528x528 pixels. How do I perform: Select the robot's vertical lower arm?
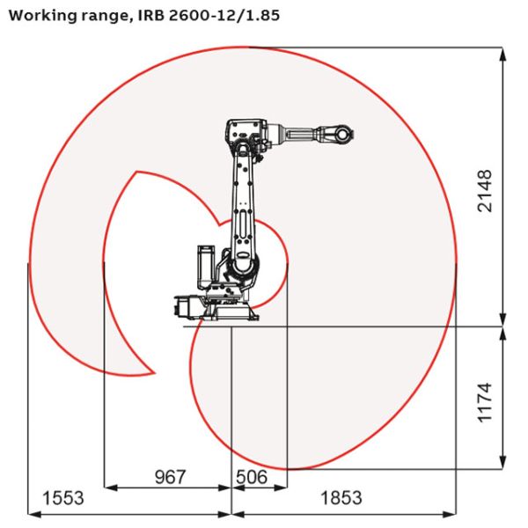point(243,194)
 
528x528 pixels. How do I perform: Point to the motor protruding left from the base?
point(185,306)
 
